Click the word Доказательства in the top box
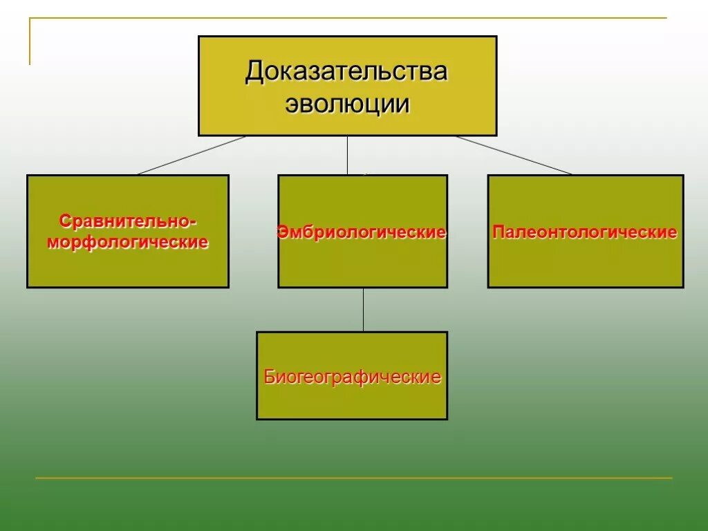pos(346,71)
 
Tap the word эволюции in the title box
pos(348,104)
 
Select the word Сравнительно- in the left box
pos(128,222)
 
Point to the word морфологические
pos(128,243)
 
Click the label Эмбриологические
pos(362,232)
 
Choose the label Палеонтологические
pos(585,232)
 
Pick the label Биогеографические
pos(352,378)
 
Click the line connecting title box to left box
pos(192,155)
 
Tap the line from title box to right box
pos(514,155)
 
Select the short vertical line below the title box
pos(347,155)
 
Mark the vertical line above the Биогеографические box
pos(363,309)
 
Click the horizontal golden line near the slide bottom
pos(353,478)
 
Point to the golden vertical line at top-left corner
pos(30,41)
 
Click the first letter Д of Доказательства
pos(253,72)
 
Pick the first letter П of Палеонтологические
pos(499,232)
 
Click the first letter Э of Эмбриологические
pos(281,232)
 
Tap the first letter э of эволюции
pos(290,104)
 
